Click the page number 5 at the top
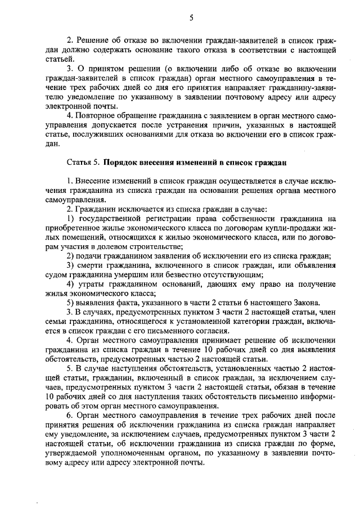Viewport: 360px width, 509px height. point(191,18)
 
